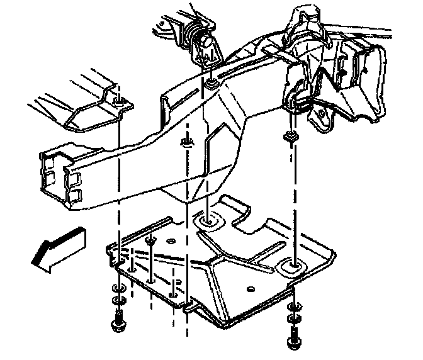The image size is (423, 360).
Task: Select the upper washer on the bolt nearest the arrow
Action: coord(118,289)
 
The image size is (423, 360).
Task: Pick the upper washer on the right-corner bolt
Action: coord(291,308)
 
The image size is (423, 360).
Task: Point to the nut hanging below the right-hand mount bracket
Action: coord(291,135)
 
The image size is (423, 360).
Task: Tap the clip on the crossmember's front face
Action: coord(186,142)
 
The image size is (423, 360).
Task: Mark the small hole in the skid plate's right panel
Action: coord(251,290)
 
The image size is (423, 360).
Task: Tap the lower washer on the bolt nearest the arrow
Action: coord(118,301)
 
